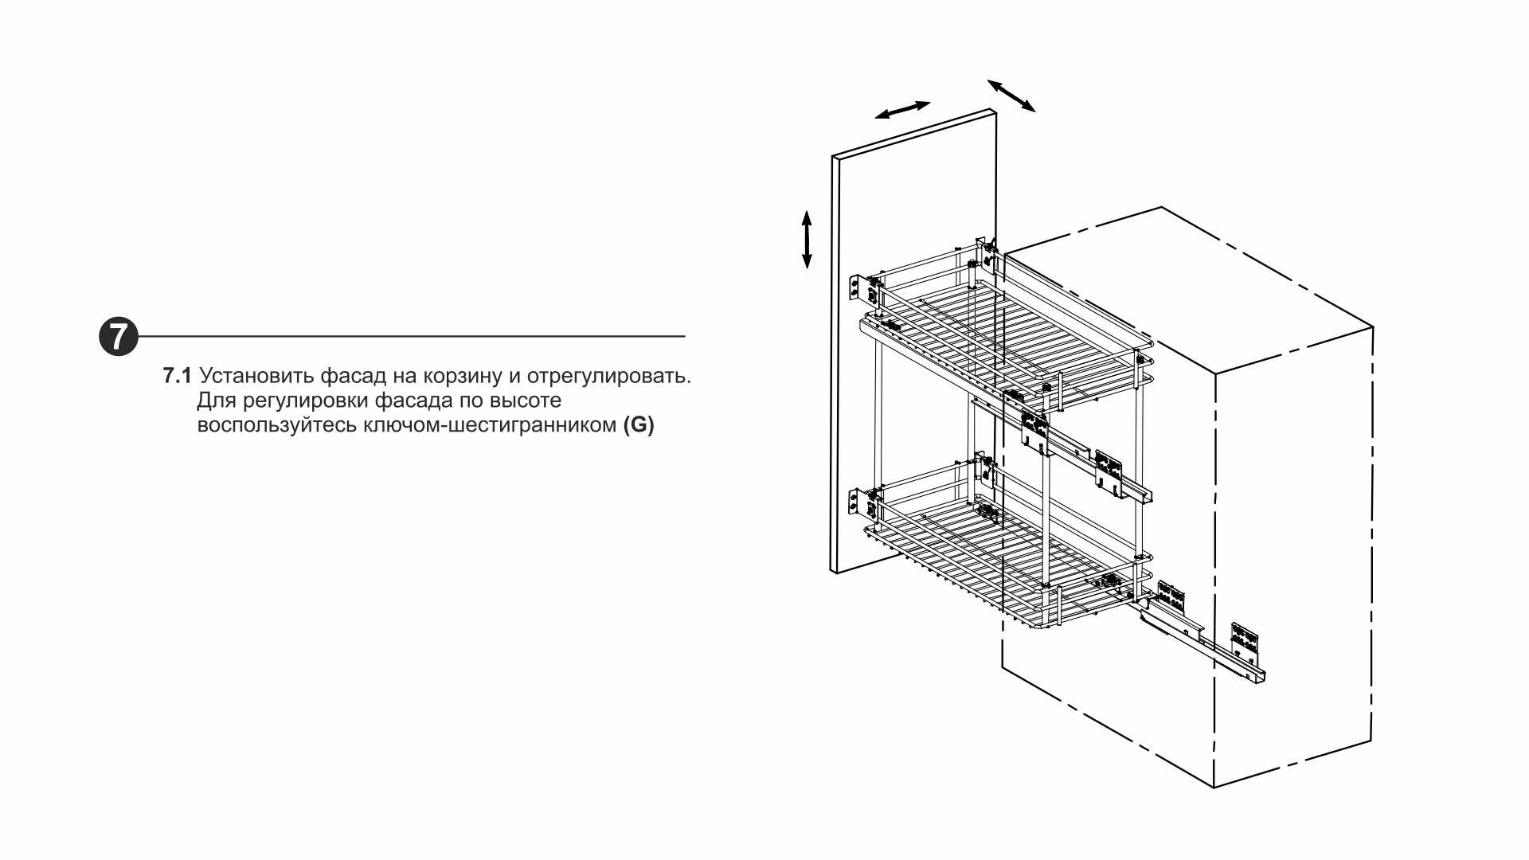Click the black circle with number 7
point(118,336)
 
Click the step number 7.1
point(177,376)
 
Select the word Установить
point(256,376)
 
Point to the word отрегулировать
point(608,376)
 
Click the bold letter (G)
point(639,425)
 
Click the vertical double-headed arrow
point(807,239)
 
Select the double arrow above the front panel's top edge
point(902,110)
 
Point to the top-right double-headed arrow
point(1011,96)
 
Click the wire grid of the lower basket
point(995,557)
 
